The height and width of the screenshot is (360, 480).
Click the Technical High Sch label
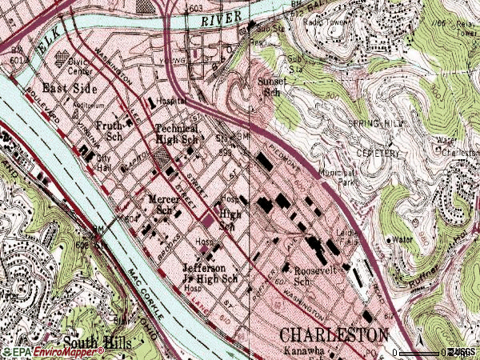(x=176, y=134)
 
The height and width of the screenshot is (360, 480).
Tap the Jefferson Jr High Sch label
(x=210, y=273)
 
